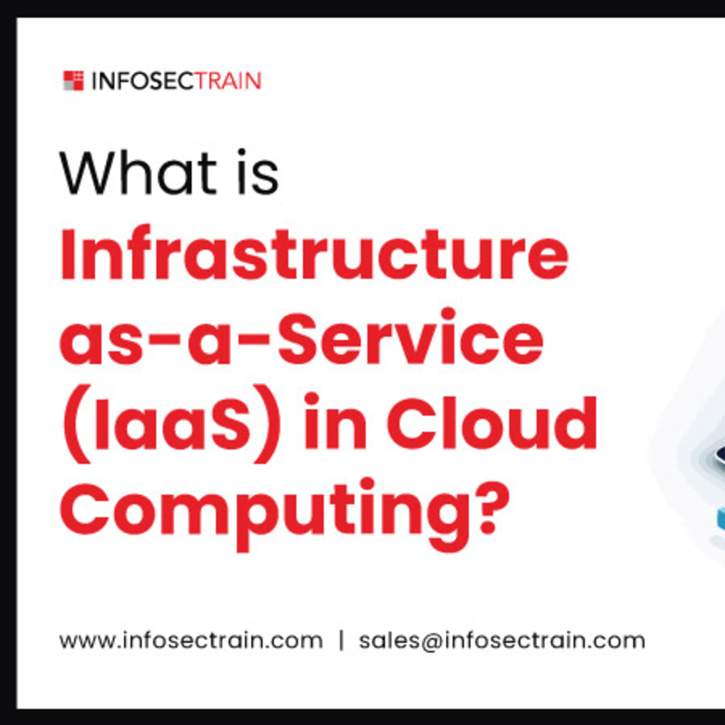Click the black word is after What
pyautogui.click(x=259, y=173)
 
